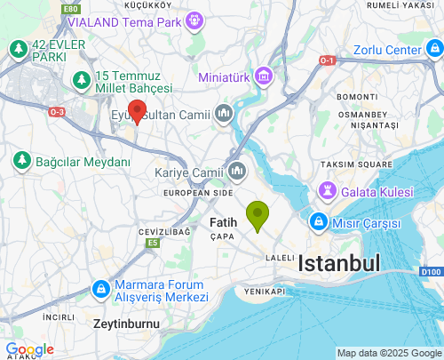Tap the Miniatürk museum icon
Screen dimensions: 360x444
pos(263,77)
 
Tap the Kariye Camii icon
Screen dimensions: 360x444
pos(236,170)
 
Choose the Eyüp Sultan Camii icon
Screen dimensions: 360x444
pos(223,113)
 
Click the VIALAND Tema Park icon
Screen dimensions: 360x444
pos(194,20)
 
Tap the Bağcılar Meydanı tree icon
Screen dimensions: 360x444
pos(21,161)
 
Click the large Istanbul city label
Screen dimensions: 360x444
pos(339,263)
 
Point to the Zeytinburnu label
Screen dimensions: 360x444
pos(126,324)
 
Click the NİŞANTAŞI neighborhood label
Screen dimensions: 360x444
pos(362,126)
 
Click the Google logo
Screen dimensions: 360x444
pos(29,349)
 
